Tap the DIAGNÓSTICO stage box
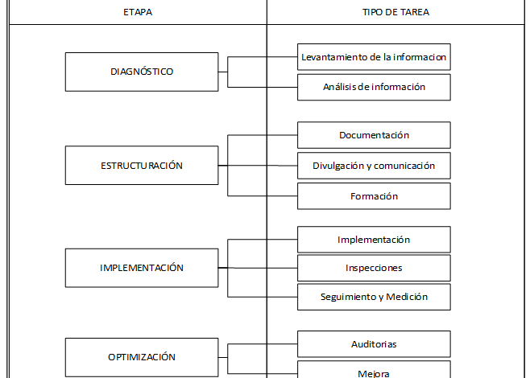click(142, 72)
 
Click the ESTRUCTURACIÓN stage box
click(142, 166)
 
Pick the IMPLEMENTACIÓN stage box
click(142, 268)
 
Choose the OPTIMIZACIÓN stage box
click(142, 357)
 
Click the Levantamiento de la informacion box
click(374, 57)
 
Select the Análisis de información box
click(374, 87)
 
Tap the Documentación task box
click(374, 135)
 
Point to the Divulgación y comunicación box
click(374, 166)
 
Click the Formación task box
click(374, 196)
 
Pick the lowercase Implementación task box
click(374, 240)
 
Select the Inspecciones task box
click(374, 268)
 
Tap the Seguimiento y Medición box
click(374, 297)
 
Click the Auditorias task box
click(374, 344)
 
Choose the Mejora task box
click(374, 372)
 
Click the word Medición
click(408, 297)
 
